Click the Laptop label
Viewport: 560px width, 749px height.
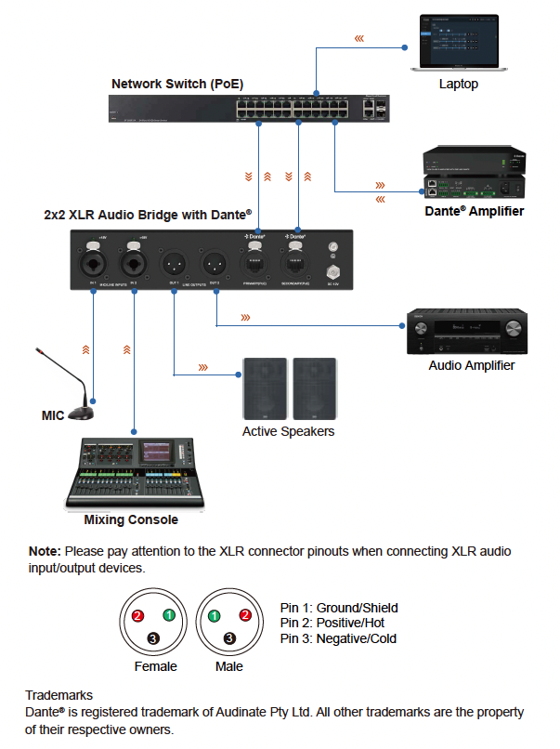tap(459, 85)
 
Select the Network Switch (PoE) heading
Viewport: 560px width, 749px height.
tap(177, 84)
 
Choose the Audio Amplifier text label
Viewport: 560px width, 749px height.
tap(472, 365)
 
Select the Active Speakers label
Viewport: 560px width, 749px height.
tap(288, 431)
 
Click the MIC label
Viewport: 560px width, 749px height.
tap(53, 415)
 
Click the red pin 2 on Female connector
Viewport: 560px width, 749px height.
tap(137, 615)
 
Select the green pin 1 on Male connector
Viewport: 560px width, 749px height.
tap(214, 615)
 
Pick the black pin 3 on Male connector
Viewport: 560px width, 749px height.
tap(229, 637)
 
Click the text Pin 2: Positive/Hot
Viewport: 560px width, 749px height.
tap(331, 623)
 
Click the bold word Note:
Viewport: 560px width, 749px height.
tap(45, 551)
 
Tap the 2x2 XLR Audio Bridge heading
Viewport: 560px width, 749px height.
tap(148, 213)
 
